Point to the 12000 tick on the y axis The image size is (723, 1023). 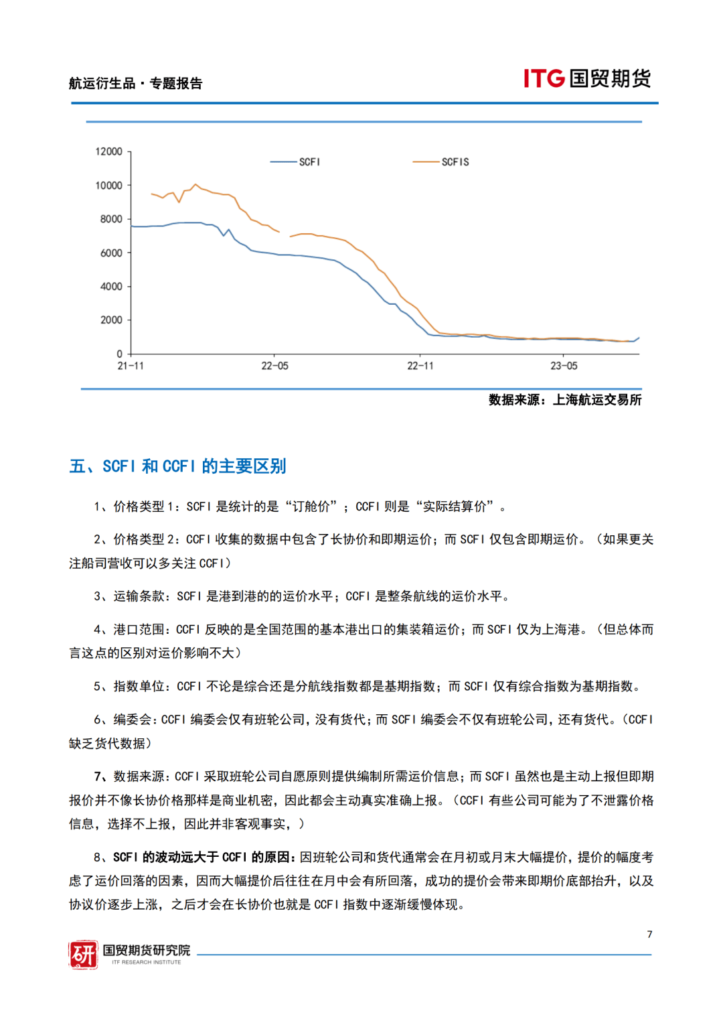coord(108,151)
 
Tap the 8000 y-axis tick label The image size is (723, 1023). coord(111,219)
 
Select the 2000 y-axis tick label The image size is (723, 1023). coord(111,320)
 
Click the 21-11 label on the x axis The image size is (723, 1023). coord(131,366)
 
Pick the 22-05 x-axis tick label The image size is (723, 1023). coord(274,366)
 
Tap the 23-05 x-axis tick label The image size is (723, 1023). coord(564,366)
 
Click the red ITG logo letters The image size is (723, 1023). coord(544,78)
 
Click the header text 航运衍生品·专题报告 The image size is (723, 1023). coord(135,83)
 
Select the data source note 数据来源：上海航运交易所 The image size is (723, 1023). coord(564,400)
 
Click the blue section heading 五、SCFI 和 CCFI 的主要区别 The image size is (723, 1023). coord(177,466)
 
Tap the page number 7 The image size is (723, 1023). coord(649,934)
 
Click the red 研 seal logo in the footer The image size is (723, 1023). coord(83,955)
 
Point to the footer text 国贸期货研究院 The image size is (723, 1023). coord(146,950)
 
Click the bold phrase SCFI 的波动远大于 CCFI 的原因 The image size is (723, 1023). coord(201,858)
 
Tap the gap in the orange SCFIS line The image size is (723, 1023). coord(285,234)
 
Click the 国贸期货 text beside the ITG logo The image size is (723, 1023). coord(610,78)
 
